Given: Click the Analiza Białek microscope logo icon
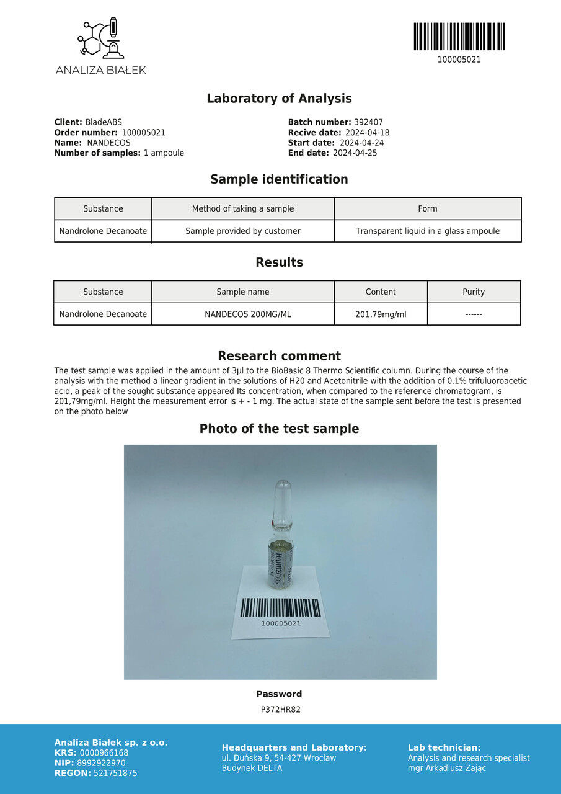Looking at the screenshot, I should [x=100, y=39].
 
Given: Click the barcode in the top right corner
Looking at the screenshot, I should [x=459, y=37].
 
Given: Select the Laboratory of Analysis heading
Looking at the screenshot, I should [x=279, y=99].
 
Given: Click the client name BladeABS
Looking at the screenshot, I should [x=104, y=123].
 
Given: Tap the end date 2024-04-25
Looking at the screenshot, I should [x=355, y=153].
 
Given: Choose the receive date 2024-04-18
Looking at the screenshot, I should [x=367, y=133].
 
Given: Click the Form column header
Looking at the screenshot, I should [x=427, y=209].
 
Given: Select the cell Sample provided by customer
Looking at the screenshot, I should [x=243, y=231].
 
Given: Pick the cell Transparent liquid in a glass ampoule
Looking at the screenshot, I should [x=427, y=231].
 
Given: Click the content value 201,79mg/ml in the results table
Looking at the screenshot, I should [x=381, y=314].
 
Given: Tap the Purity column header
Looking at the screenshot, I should [x=474, y=292].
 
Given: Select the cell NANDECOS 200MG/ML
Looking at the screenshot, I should [x=247, y=314].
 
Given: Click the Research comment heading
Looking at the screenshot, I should [x=279, y=356].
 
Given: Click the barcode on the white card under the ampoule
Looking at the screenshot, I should [x=280, y=607].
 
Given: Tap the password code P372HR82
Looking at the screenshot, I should [x=280, y=710].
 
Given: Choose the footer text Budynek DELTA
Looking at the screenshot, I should [x=252, y=768].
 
